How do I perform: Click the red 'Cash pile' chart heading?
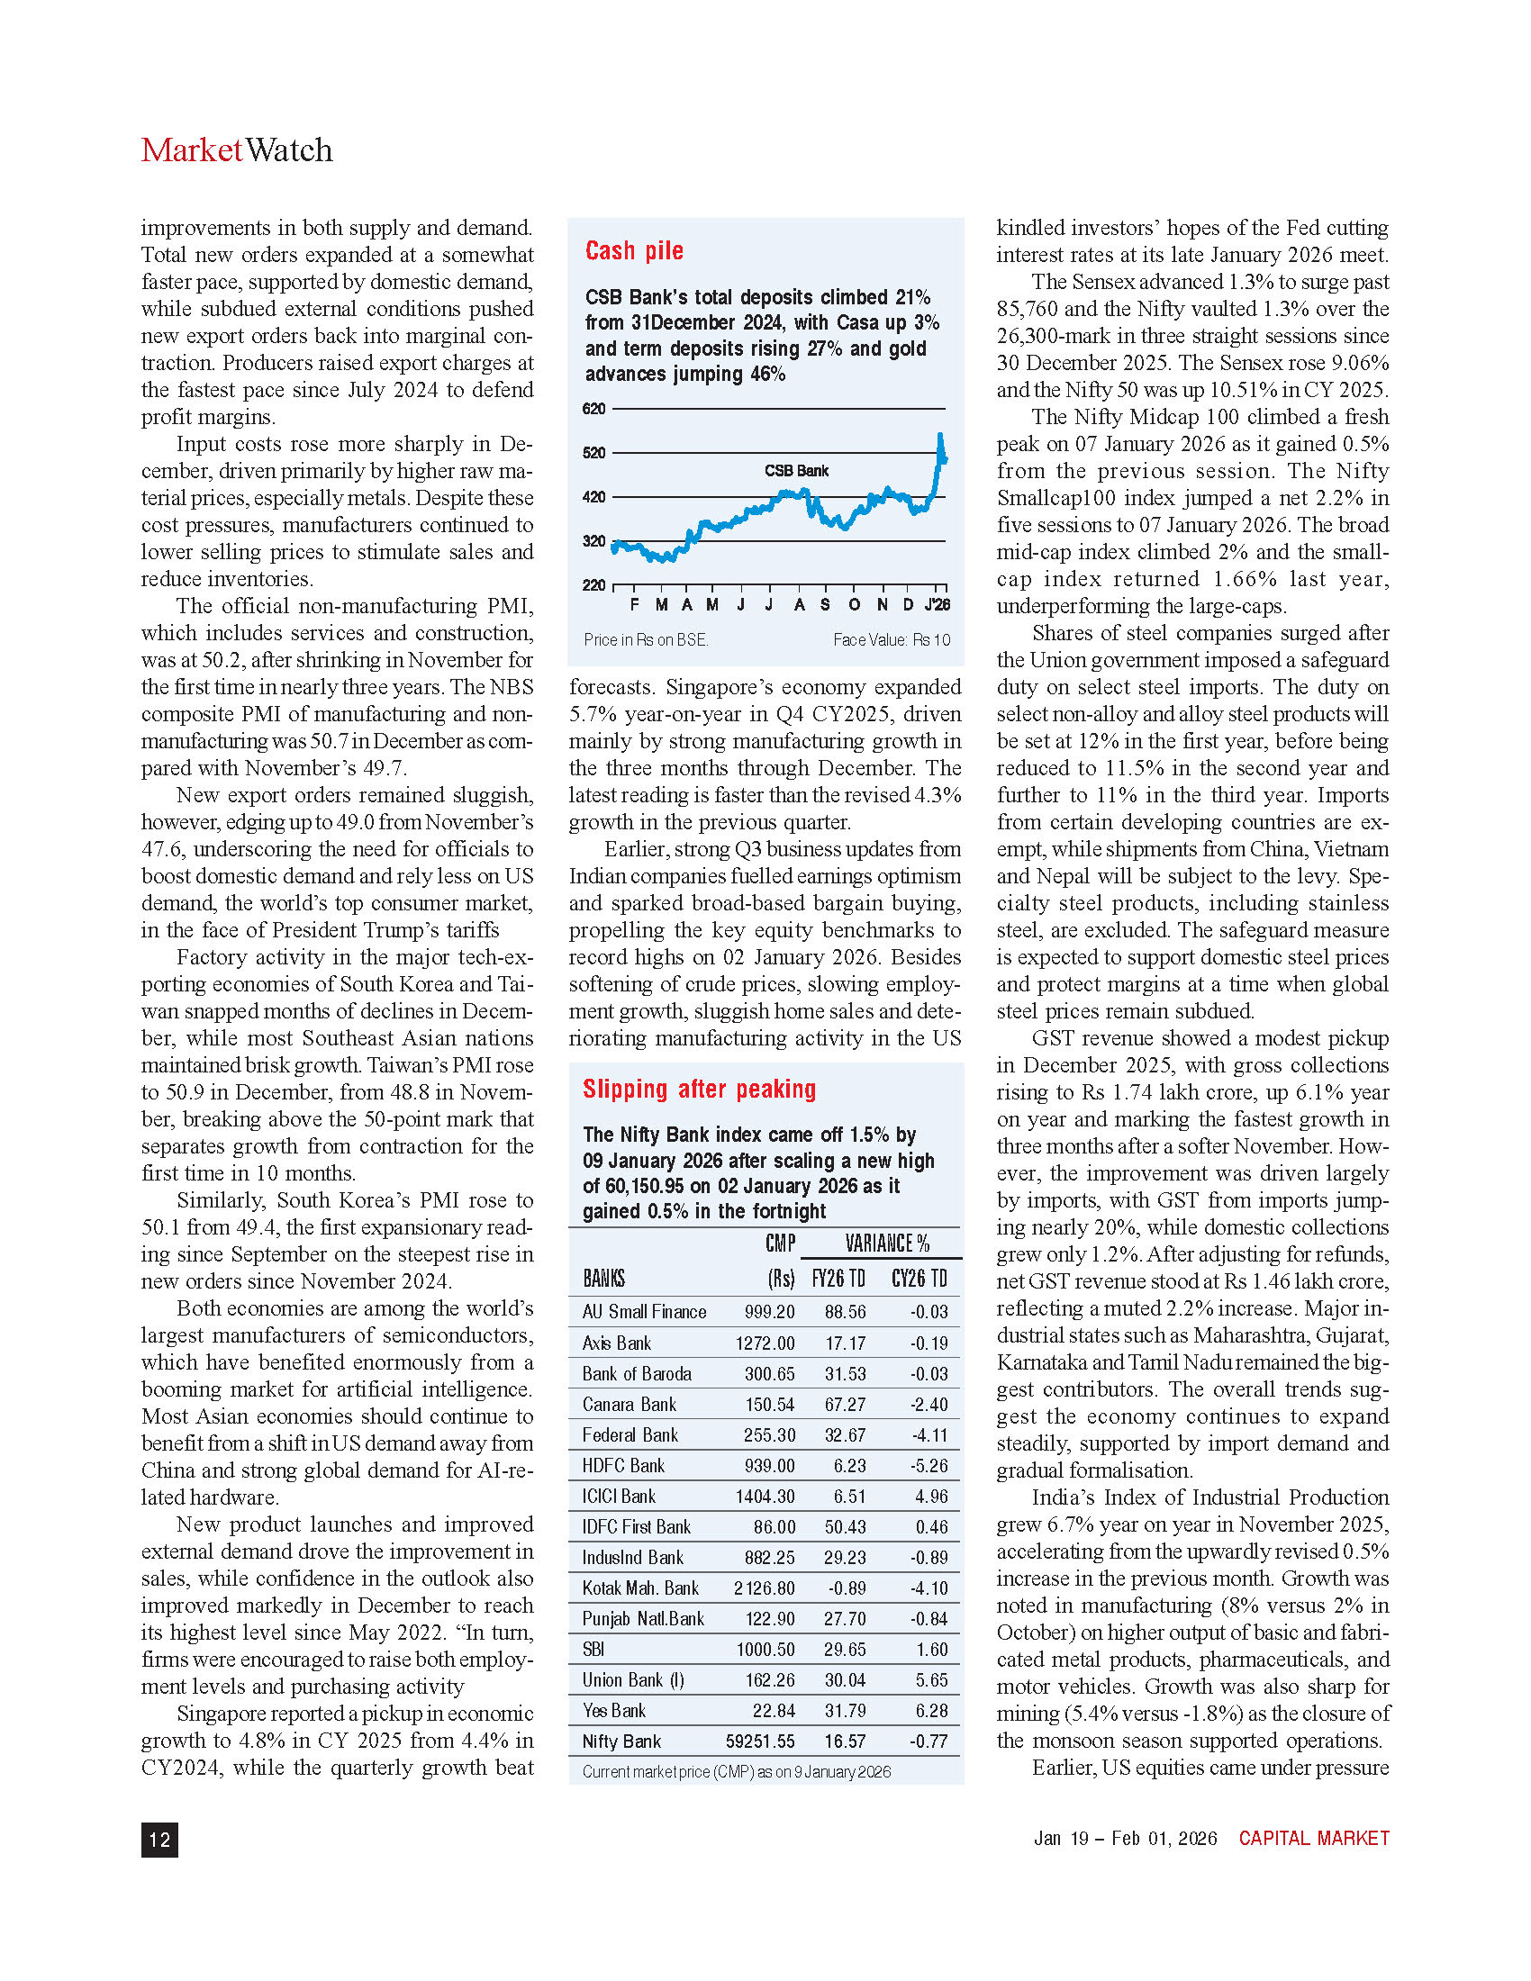(x=634, y=250)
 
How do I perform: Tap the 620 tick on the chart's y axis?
(x=593, y=409)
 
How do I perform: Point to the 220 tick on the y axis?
(x=593, y=585)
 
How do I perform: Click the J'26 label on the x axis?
(x=937, y=605)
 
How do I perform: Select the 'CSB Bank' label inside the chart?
(x=796, y=471)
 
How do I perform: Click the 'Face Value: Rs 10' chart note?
(x=891, y=640)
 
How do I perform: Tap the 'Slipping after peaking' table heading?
(x=699, y=1089)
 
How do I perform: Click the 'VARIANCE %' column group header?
(x=886, y=1243)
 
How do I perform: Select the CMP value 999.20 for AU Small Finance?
(x=769, y=1312)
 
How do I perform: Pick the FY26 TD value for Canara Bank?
(x=845, y=1404)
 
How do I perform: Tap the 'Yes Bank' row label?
(x=614, y=1711)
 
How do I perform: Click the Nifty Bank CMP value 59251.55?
(x=760, y=1741)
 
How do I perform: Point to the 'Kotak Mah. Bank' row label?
(x=640, y=1588)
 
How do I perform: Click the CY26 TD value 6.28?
(x=931, y=1711)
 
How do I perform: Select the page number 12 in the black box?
(x=159, y=1840)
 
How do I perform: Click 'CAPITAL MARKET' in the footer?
(x=1313, y=1839)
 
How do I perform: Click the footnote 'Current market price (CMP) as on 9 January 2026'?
(x=736, y=1771)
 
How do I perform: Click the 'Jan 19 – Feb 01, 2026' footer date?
(x=1125, y=1839)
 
